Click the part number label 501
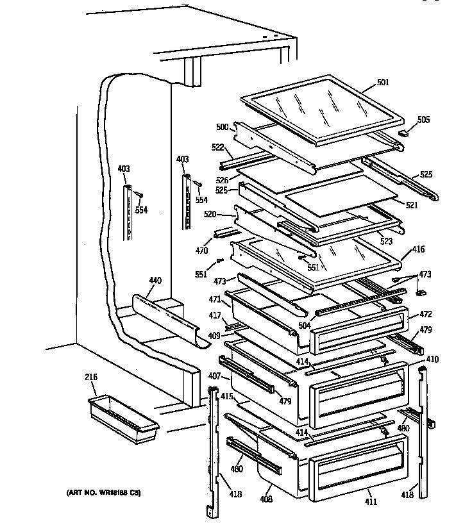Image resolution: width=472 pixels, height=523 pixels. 383,83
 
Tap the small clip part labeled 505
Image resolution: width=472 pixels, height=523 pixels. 404,132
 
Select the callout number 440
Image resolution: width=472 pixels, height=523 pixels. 155,281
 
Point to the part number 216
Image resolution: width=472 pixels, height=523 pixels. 90,378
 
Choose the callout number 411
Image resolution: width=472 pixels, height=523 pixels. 371,502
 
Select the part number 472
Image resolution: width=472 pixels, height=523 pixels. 425,314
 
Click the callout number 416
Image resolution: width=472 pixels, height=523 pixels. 418,249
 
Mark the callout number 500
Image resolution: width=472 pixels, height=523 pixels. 222,128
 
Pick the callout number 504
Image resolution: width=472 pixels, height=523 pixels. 305,326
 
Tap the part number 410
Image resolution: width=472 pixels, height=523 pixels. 432,359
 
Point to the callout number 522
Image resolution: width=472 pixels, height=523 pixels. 217,147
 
